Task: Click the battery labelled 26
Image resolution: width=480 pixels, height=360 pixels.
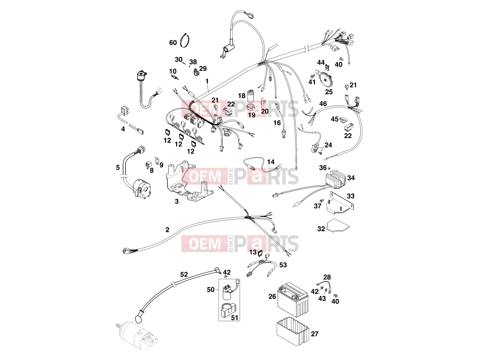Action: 293,301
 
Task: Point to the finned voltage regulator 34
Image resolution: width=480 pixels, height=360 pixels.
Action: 335,180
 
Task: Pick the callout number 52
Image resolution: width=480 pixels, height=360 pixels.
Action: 184,274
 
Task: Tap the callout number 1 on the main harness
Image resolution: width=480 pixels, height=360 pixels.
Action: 207,81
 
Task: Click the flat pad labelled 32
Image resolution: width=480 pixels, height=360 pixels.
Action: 338,226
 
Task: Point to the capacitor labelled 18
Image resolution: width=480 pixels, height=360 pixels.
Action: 252,95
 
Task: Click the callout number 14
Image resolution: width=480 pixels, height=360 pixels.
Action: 271,161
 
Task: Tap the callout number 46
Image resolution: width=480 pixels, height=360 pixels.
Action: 323,104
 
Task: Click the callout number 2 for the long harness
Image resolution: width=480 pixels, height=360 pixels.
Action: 167,229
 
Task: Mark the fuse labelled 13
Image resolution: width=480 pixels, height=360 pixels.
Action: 261,253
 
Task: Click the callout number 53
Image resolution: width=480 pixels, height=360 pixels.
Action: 283,265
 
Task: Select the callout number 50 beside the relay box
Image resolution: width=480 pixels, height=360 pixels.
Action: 210,289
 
